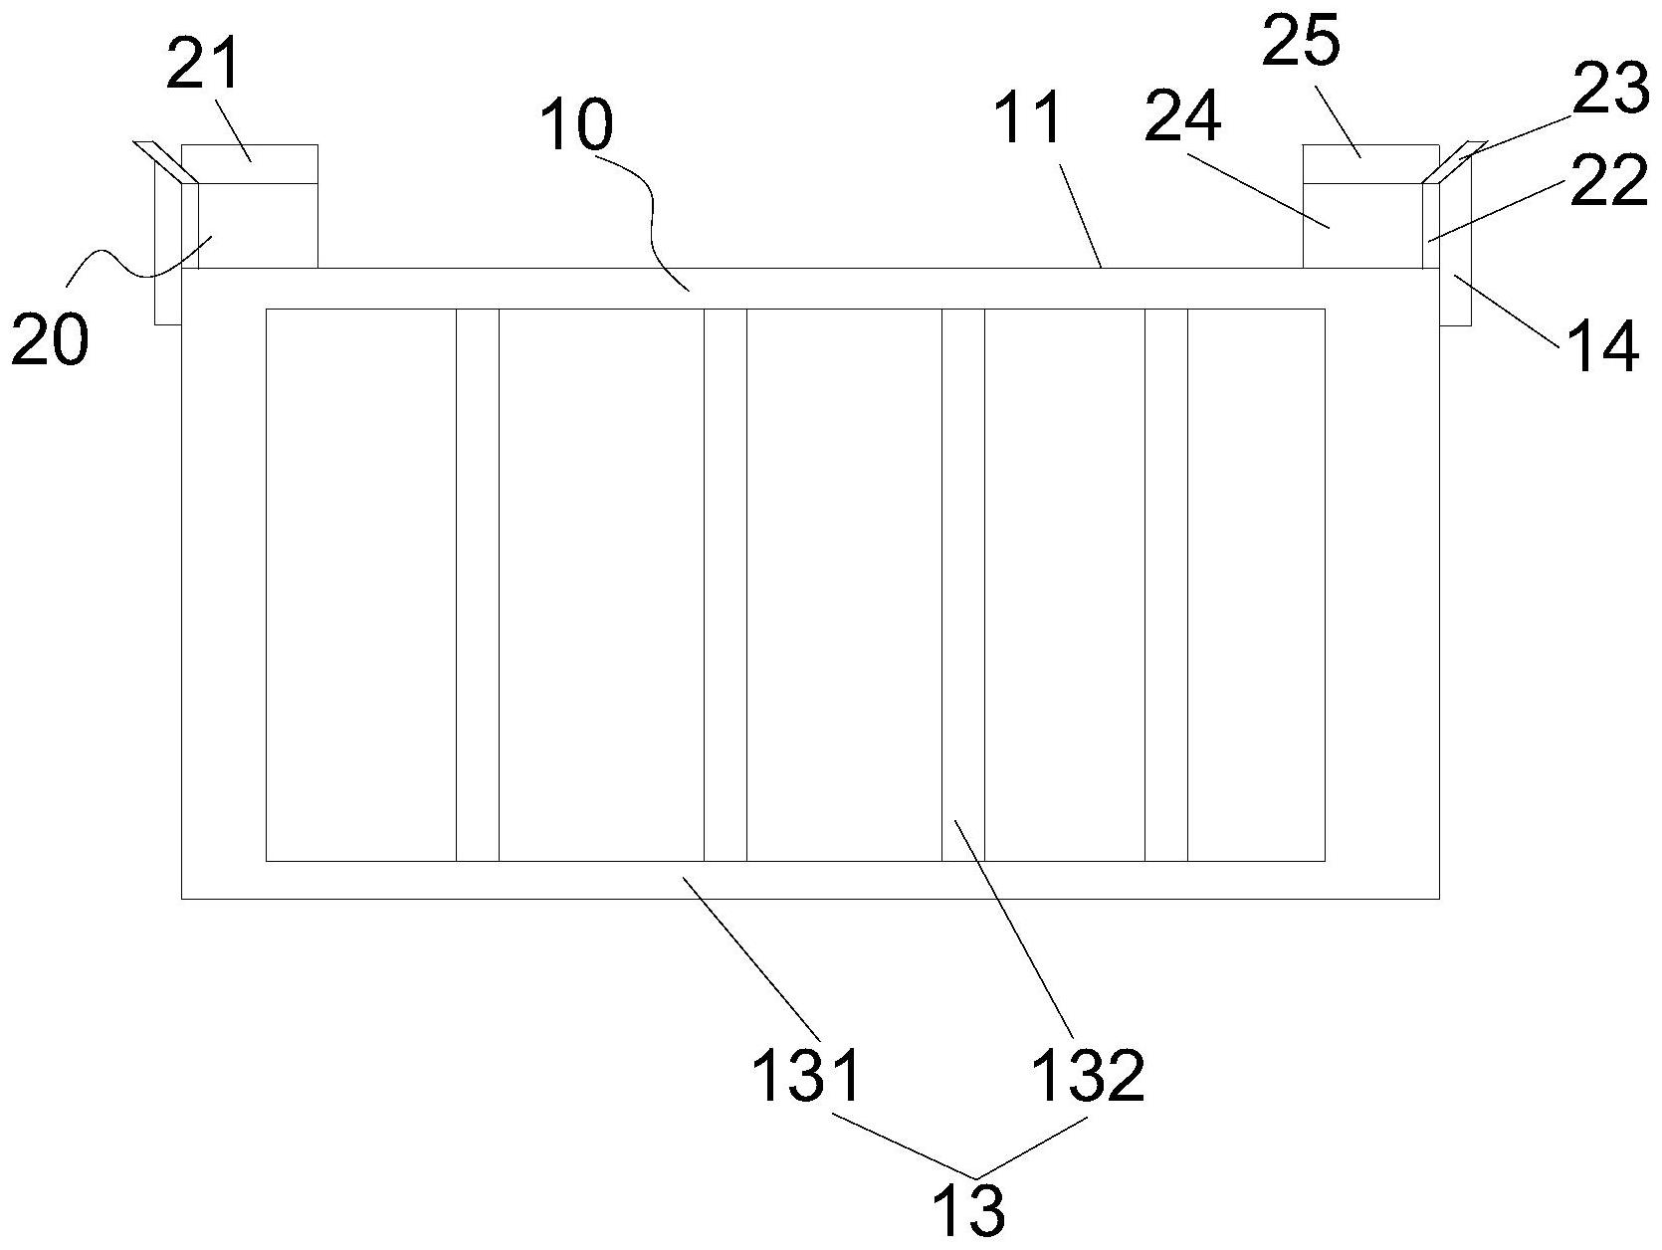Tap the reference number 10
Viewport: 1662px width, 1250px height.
pos(576,126)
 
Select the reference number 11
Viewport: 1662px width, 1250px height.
pos(1030,117)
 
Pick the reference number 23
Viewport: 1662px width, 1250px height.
pos(1611,88)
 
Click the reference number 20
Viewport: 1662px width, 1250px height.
pos(50,340)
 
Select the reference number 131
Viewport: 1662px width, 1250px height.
pos(806,1075)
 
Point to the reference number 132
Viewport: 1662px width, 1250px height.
pos(1089,1075)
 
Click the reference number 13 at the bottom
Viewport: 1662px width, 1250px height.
pos(970,1210)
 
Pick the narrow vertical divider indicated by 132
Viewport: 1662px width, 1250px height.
pos(963,584)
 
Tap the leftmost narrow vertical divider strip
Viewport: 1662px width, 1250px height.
pos(477,584)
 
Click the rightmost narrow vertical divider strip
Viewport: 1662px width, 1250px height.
pos(1166,584)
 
